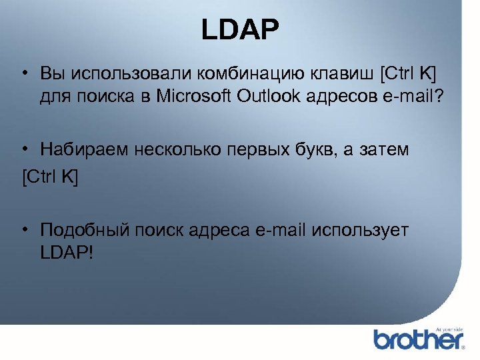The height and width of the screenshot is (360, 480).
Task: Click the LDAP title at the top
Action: (x=240, y=30)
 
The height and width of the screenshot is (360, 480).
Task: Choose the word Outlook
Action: (x=268, y=98)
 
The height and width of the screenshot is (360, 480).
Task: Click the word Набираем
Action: (x=83, y=151)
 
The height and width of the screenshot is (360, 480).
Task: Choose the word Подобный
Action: (x=86, y=230)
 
